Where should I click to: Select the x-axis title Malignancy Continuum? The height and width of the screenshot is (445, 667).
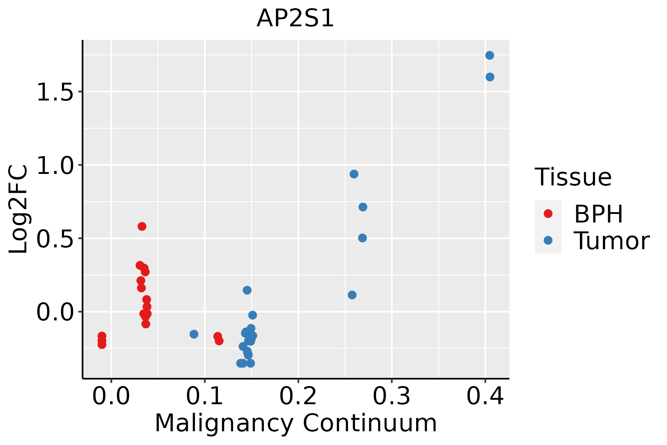click(295, 423)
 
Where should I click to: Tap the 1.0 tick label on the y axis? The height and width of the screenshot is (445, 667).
click(55, 165)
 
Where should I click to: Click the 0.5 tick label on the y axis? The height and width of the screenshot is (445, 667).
click(55, 238)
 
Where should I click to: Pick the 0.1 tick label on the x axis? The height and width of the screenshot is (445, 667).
click(205, 396)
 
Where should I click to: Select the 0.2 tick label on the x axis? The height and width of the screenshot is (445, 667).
click(298, 396)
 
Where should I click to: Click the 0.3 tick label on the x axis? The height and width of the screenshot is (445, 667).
click(391, 396)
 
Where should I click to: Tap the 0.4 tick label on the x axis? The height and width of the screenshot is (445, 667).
click(485, 396)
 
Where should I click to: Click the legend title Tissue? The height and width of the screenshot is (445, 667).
click(573, 177)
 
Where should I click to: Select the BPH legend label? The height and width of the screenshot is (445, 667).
click(598, 214)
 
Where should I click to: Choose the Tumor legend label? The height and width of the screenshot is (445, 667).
click(611, 241)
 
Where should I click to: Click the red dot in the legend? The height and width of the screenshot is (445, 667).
click(548, 214)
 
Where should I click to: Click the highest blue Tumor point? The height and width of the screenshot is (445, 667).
click(490, 55)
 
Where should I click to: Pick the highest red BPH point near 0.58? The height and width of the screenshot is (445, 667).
click(142, 226)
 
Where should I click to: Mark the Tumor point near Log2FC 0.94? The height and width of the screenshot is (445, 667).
click(354, 174)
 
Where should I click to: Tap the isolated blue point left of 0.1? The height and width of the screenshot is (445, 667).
click(194, 334)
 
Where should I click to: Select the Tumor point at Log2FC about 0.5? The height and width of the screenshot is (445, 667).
click(362, 238)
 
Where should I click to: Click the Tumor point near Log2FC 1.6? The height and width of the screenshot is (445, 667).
click(490, 77)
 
